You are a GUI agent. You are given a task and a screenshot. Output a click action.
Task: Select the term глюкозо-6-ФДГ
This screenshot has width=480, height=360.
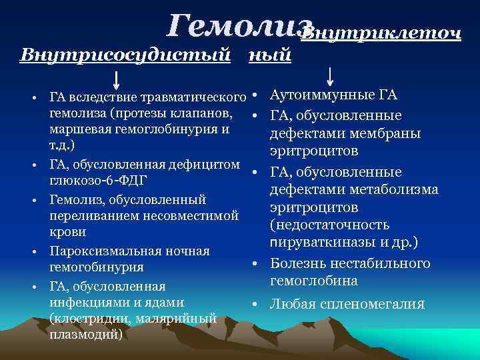pyautogui.click(x=98, y=181)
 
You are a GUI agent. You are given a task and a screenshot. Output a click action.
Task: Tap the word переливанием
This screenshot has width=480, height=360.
pyautogui.click(x=93, y=215)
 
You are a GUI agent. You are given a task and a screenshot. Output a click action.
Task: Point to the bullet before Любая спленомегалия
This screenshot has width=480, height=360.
pyautogui.click(x=255, y=305)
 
